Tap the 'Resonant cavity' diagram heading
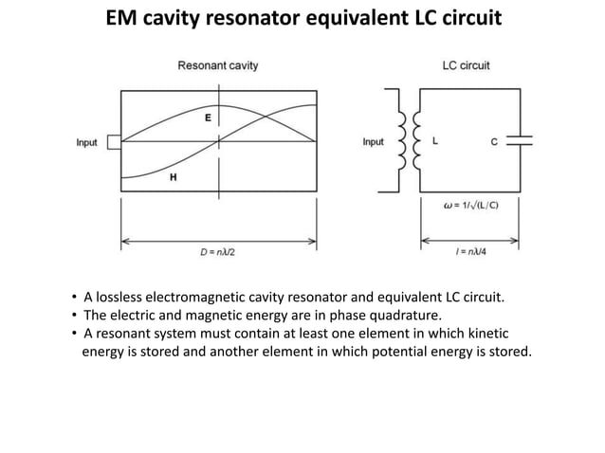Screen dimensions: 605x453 218,65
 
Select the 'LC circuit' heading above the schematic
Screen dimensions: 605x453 467,65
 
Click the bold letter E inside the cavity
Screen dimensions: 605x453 208,118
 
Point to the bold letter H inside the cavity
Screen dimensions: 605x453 174,177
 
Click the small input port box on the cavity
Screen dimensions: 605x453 114,142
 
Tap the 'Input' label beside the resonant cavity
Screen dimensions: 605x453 87,143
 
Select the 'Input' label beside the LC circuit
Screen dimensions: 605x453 373,142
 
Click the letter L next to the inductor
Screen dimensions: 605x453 435,140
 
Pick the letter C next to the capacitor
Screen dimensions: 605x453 494,142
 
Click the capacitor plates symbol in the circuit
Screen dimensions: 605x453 520,140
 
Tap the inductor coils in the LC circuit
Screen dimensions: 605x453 409,140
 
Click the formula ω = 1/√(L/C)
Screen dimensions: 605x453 471,205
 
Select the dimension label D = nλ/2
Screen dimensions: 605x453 217,252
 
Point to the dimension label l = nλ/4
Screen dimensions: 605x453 470,252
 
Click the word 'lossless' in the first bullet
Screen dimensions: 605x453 119,298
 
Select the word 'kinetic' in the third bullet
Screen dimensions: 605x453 488,333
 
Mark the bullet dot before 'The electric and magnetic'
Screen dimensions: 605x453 74,315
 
